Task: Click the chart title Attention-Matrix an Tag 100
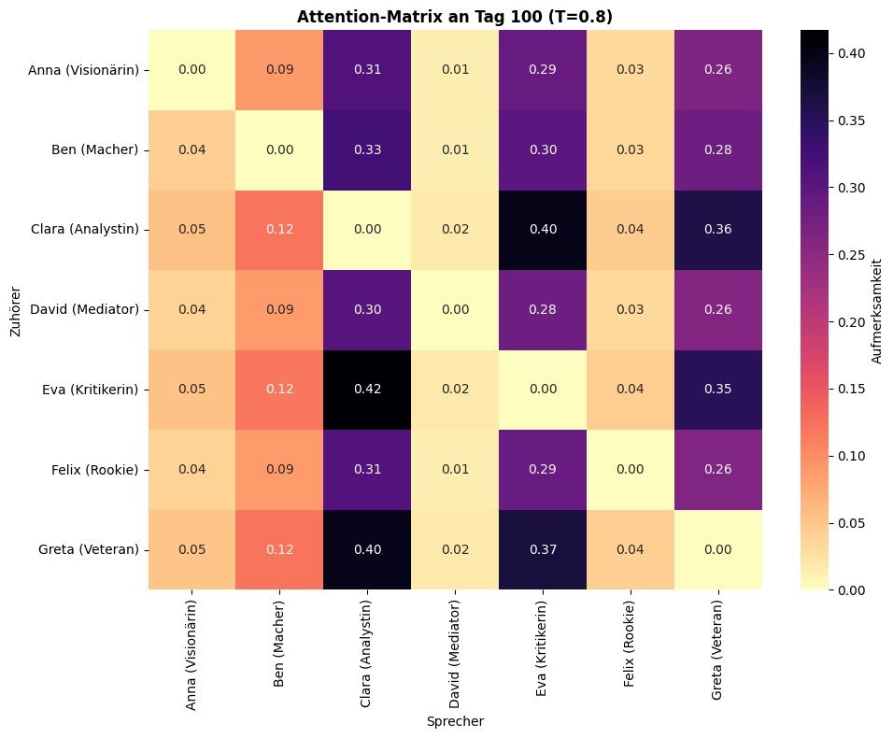click(455, 16)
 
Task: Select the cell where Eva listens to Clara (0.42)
click(367, 390)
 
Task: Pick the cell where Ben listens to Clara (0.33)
click(367, 149)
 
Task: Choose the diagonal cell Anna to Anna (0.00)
click(192, 70)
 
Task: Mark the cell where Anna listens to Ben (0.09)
click(279, 70)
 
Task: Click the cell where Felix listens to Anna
click(192, 470)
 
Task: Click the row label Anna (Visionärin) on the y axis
click(83, 70)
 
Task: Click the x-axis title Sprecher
click(455, 721)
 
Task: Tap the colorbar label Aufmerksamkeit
click(877, 309)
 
